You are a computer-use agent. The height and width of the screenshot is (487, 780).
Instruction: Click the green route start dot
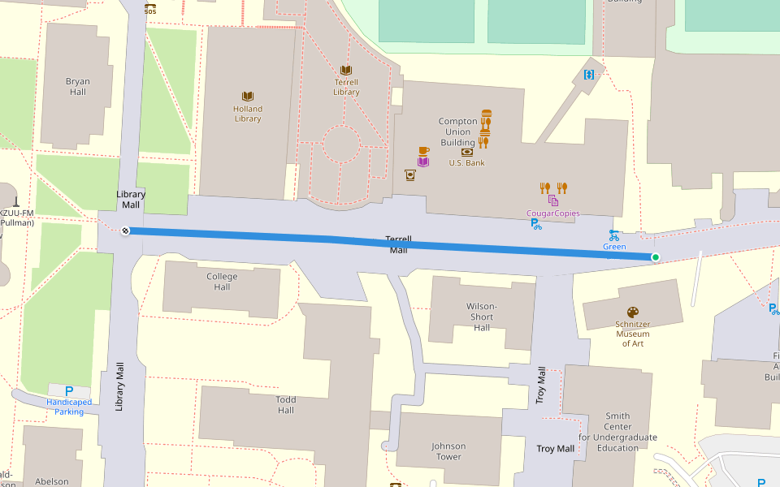tap(656, 257)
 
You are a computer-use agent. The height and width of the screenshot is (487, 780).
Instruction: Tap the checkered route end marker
tap(125, 231)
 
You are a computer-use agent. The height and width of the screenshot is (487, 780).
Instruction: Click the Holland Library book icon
tap(248, 96)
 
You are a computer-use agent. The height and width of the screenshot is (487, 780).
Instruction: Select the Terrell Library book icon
tap(346, 71)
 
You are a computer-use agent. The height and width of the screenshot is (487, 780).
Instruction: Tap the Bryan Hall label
tap(78, 87)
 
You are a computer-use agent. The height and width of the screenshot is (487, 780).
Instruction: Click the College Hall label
tap(222, 282)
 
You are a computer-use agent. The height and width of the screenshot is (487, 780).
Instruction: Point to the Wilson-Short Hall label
tap(482, 317)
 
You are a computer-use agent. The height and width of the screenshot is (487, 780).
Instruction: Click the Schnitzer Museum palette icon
tap(633, 312)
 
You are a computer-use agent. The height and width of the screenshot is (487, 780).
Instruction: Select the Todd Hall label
tap(286, 404)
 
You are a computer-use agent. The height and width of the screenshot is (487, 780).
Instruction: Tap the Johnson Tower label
tap(448, 451)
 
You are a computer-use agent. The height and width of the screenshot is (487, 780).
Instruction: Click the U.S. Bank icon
tap(467, 152)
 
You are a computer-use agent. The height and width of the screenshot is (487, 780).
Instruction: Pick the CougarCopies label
tap(553, 213)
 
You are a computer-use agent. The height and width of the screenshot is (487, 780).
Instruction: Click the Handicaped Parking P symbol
tap(69, 391)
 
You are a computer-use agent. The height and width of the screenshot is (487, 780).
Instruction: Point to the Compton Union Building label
tap(457, 131)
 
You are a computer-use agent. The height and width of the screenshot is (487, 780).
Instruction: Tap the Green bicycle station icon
tap(614, 235)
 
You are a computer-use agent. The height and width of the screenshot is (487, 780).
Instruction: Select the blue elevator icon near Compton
tap(589, 75)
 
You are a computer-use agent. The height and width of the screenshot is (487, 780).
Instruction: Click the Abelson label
tap(52, 481)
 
